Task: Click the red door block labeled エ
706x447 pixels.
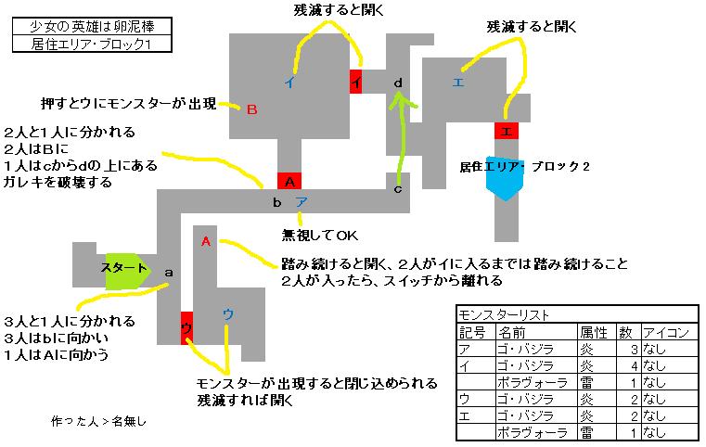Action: (506, 132)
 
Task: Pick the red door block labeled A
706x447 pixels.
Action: (289, 180)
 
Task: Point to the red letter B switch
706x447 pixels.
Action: (250, 109)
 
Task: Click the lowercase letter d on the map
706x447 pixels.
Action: (398, 83)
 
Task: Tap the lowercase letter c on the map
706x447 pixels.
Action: (398, 190)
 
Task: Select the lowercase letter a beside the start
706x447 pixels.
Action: (168, 273)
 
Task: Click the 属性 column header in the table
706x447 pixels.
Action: (593, 331)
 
